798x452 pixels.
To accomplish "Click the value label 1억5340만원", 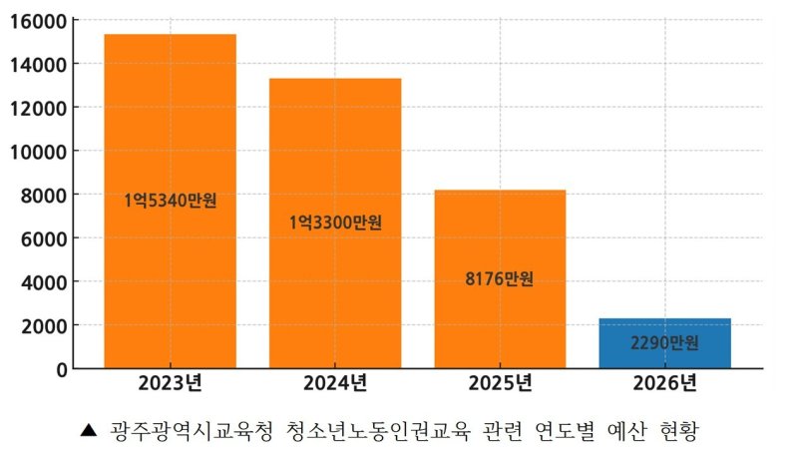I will [170, 201].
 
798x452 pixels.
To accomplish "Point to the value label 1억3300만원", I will [335, 223].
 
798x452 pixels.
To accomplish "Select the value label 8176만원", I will [500, 278].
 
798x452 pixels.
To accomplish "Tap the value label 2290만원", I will [664, 343].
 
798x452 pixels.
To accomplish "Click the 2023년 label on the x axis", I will [170, 383].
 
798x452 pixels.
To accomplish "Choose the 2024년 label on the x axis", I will [335, 383].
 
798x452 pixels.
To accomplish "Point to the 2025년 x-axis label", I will [500, 383].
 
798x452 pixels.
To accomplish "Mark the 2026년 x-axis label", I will [664, 383].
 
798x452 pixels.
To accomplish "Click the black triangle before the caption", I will [88, 431].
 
